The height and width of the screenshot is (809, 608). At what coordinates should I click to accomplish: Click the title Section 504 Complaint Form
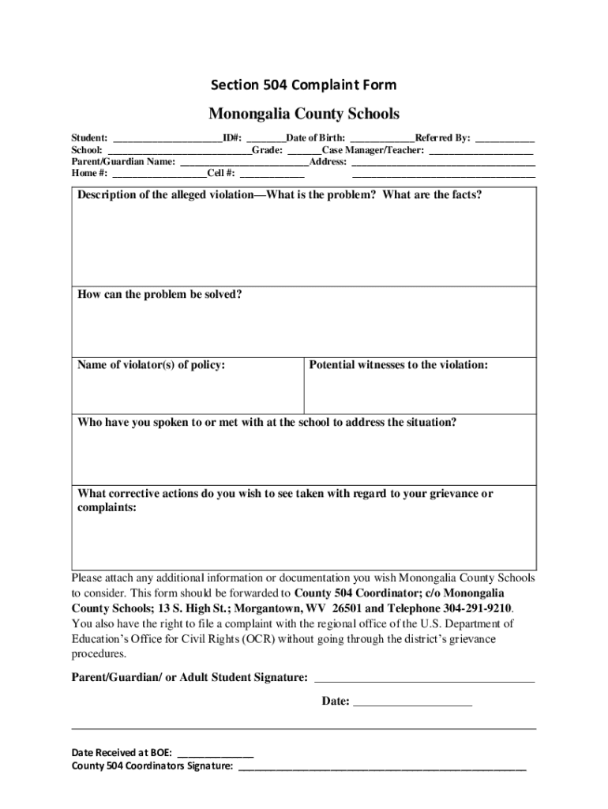pyautogui.click(x=303, y=85)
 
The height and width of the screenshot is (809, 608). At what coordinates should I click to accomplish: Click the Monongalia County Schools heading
pyautogui.click(x=303, y=114)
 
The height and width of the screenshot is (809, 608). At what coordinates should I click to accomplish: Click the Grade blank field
pyautogui.click(x=304, y=150)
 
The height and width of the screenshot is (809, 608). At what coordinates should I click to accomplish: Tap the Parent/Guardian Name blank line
pyautogui.click(x=244, y=162)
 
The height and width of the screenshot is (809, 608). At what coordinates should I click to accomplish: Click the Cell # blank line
pyautogui.click(x=272, y=174)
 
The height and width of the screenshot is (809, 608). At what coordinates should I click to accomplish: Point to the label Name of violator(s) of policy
pyautogui.click(x=151, y=365)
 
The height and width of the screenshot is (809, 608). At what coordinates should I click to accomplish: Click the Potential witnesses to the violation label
pyautogui.click(x=399, y=365)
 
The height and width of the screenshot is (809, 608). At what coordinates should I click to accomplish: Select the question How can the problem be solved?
pyautogui.click(x=160, y=295)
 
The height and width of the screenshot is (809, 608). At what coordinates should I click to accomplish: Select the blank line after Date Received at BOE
pyautogui.click(x=216, y=754)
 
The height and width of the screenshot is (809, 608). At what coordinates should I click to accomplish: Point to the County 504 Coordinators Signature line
pyautogui.click(x=381, y=767)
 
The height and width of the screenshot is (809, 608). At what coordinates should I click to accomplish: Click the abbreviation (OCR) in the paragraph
pyautogui.click(x=257, y=639)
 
